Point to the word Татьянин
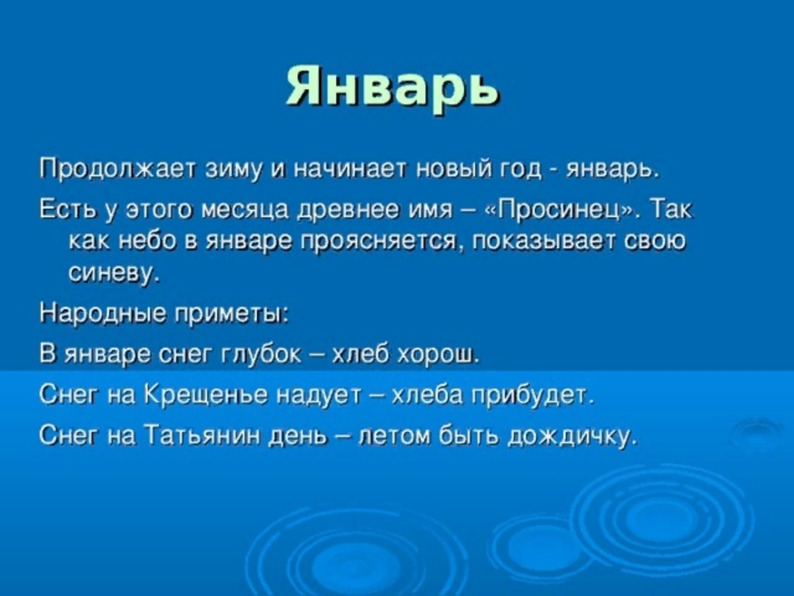[203, 434]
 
